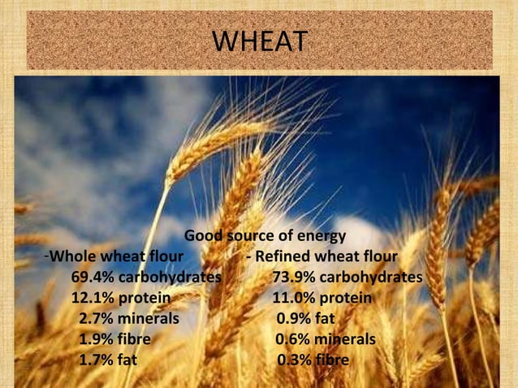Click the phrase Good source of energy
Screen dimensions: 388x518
point(265,237)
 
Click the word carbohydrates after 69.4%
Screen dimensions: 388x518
point(171,278)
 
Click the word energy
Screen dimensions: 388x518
point(321,237)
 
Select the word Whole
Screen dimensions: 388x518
point(73,257)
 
